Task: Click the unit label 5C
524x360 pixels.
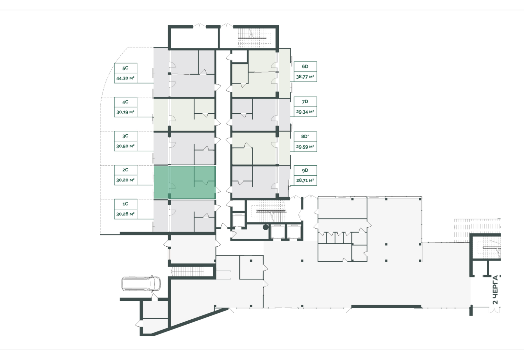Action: pos(125,68)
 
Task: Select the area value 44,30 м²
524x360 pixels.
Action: pos(125,78)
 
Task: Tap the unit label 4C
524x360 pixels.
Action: pos(125,102)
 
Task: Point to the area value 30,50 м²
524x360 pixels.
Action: pos(125,146)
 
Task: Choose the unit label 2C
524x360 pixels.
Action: pos(125,170)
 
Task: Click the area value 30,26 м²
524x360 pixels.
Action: pos(125,214)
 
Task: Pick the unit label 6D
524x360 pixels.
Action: pos(305,66)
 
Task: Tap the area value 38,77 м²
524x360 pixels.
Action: pos(305,77)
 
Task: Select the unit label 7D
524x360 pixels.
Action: pos(305,102)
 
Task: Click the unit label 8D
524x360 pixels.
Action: pos(304,136)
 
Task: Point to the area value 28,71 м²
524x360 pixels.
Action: pos(305,180)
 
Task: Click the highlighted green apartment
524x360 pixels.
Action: pos(185,182)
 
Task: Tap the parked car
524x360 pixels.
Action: pos(141,284)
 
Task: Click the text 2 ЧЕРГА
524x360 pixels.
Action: pos(496,290)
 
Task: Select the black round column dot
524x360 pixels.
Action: pos(266,227)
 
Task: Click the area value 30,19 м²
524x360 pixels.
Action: pos(125,112)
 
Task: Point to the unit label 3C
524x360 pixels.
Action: pos(125,136)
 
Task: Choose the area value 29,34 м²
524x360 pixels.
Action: pos(305,112)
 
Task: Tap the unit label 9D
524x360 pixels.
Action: pos(305,170)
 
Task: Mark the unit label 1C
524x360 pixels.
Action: pos(125,204)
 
